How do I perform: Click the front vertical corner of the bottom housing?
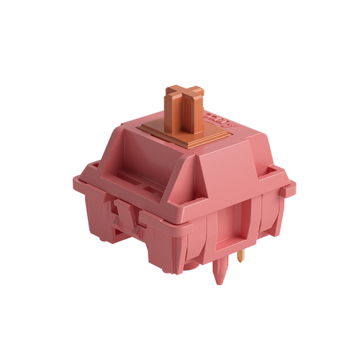click(190, 259)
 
